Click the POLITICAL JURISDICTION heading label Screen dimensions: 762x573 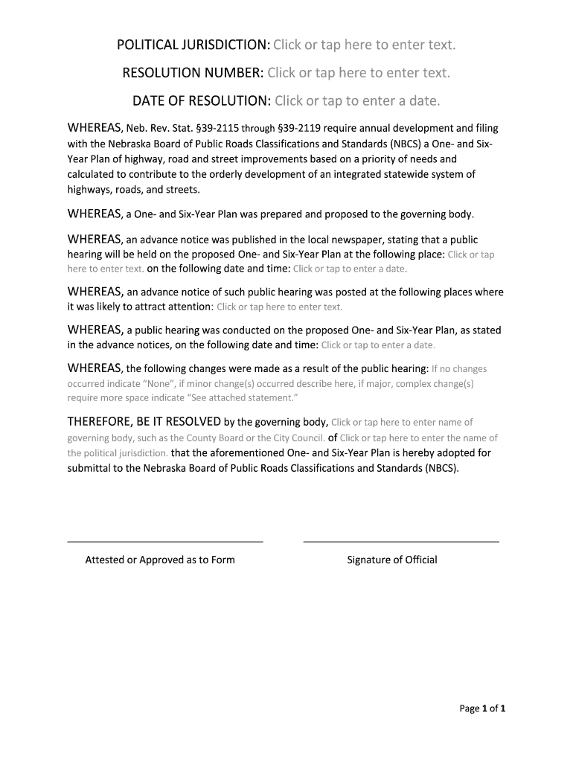[193, 46]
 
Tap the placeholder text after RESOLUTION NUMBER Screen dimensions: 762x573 [359, 73]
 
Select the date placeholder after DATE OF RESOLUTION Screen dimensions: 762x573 [357, 100]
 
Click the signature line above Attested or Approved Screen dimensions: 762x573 [165, 542]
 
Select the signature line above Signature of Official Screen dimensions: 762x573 [401, 542]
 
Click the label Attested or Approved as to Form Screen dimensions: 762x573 [160, 560]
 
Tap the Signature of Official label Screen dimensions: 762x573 [392, 560]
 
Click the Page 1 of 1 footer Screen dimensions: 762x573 [482, 708]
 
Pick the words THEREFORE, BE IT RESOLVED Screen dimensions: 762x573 [144, 422]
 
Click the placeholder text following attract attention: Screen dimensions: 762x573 [279, 307]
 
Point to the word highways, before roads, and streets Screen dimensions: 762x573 [89, 189]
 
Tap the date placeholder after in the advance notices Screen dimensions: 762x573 [378, 345]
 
